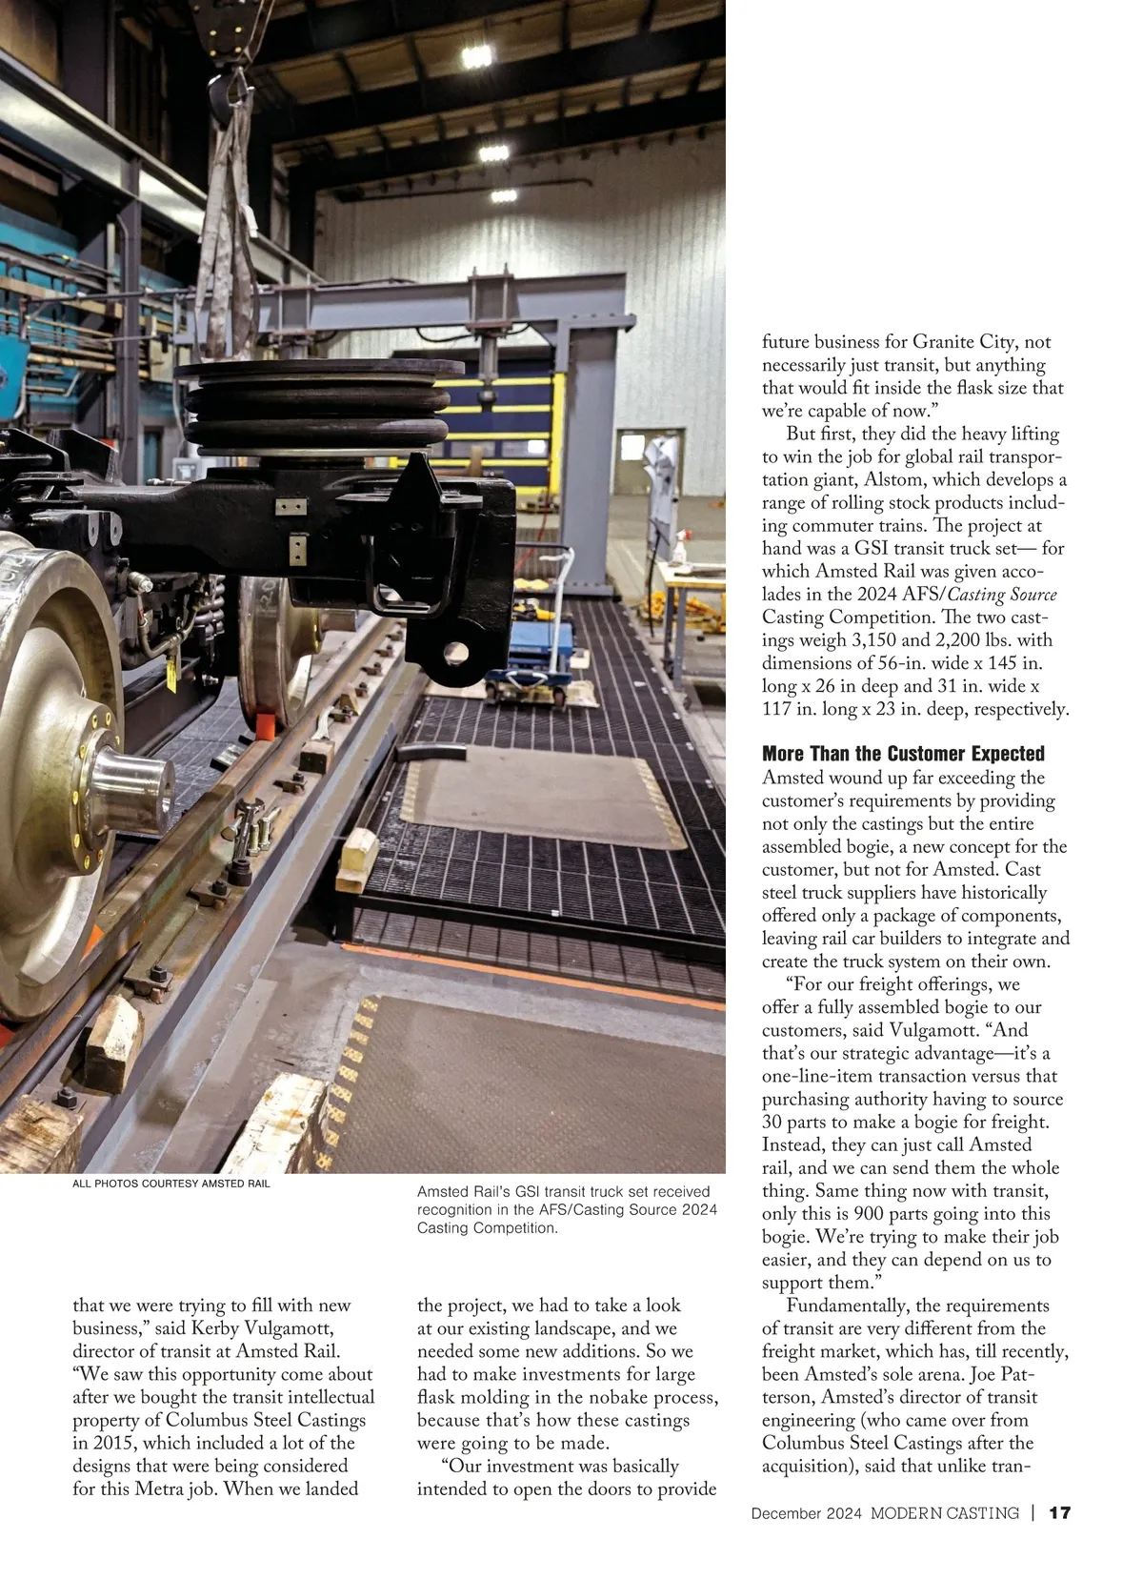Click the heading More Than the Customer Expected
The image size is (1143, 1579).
click(x=903, y=754)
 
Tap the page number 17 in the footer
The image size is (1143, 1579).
click(x=1060, y=1513)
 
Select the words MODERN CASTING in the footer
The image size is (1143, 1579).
click(x=945, y=1513)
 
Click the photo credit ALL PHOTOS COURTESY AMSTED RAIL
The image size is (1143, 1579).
click(x=171, y=1184)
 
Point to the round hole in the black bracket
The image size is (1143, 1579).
click(x=454, y=654)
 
